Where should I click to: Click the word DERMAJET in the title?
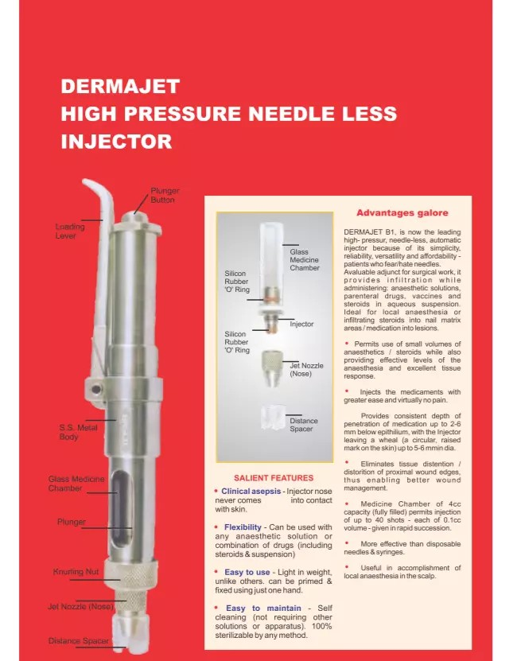(x=120, y=86)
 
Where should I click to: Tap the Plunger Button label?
(x=165, y=196)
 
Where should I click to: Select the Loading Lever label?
(x=70, y=231)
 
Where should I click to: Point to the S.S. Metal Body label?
(x=78, y=432)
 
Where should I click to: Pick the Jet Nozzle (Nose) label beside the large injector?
(x=80, y=607)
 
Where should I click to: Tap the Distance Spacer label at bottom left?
(x=79, y=640)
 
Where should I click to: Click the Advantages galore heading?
(x=402, y=212)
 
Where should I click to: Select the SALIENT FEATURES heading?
(x=274, y=478)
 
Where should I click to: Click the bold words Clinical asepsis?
(x=251, y=492)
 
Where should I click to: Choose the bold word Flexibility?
(x=243, y=527)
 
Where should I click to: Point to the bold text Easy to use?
(x=247, y=572)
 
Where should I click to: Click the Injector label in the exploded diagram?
(x=301, y=325)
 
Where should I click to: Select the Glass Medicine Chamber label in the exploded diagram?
(x=305, y=259)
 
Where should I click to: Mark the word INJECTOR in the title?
(x=116, y=142)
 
